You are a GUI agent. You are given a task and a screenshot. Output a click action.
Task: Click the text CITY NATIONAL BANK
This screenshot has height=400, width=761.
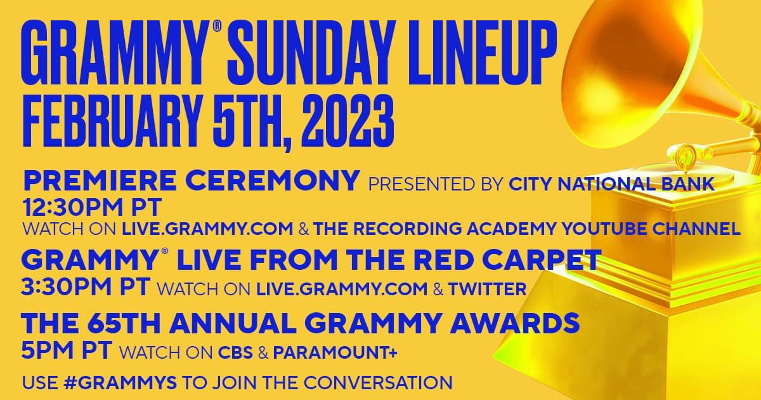pos(612,184)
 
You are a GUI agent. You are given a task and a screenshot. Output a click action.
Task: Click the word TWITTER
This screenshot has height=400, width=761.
pos(488,290)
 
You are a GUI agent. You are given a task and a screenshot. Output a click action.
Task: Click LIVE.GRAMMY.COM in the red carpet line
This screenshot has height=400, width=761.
pos(342,290)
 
